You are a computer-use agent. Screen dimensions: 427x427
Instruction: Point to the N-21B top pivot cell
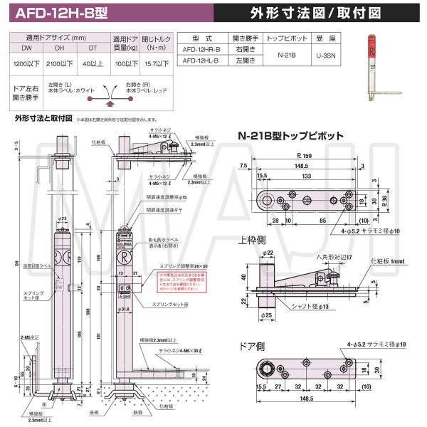tap(289, 56)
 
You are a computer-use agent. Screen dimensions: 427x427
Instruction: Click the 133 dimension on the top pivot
tap(306, 175)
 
